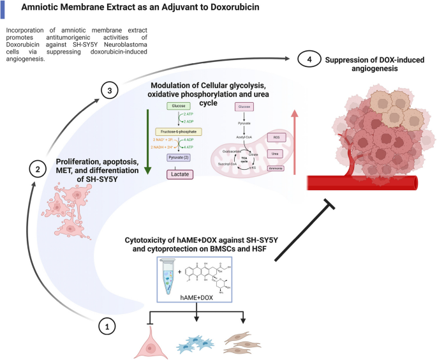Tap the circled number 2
click(38, 170)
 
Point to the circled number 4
click(309, 59)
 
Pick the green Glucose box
click(177, 106)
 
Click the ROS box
click(276, 137)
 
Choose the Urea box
click(276, 154)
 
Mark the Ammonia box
click(276, 169)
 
